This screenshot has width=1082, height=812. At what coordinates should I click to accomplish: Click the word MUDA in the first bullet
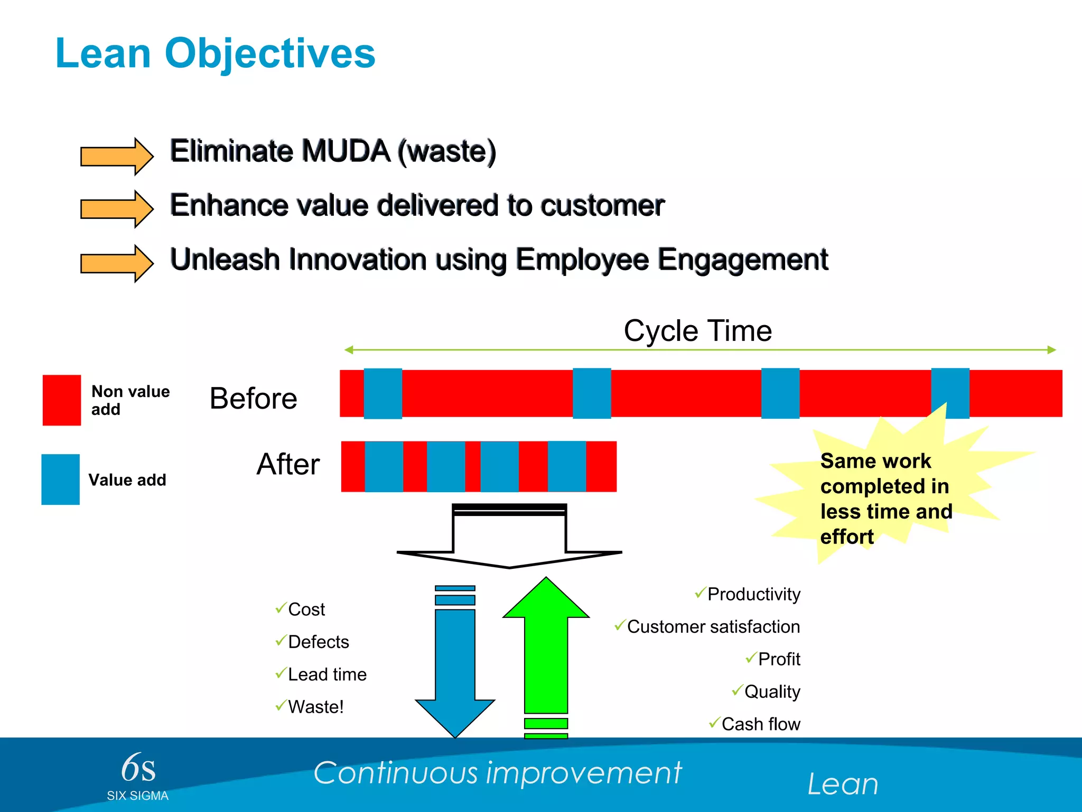click(346, 151)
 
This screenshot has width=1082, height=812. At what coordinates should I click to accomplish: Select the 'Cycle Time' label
click(697, 331)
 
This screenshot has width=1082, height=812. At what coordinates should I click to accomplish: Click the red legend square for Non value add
click(62, 400)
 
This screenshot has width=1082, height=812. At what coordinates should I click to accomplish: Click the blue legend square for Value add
click(61, 479)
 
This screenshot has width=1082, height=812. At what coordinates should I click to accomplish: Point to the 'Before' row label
click(254, 399)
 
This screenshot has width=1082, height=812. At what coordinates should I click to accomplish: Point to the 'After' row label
click(288, 464)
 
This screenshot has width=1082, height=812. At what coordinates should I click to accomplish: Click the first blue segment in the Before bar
click(383, 394)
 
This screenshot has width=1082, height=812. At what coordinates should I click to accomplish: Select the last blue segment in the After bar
click(567, 466)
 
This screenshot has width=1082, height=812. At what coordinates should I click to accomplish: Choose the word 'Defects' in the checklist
click(319, 642)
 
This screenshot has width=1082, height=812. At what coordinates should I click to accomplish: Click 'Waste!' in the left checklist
click(316, 707)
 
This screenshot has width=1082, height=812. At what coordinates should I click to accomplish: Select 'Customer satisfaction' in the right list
click(713, 627)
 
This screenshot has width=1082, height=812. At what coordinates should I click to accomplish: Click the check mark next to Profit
click(751, 658)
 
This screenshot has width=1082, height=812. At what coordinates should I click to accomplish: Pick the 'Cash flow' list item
click(761, 724)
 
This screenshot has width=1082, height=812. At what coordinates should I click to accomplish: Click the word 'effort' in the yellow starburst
click(847, 537)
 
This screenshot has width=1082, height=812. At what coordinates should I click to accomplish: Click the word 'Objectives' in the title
click(270, 54)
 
